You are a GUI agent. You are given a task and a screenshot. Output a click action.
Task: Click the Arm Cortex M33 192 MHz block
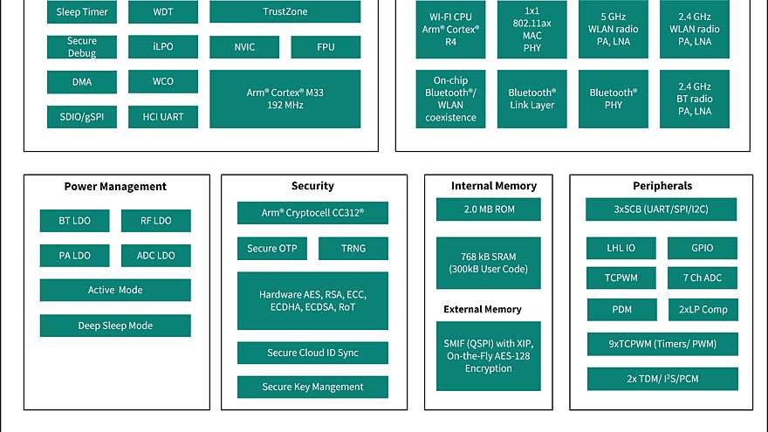285,99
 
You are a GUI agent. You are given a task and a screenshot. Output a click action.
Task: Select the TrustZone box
285,12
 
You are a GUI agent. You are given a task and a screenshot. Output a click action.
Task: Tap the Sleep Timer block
81,12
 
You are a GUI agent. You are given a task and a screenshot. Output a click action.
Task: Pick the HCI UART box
162,116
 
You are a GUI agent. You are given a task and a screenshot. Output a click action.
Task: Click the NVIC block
243,47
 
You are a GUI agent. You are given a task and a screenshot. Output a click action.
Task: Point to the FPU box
326,47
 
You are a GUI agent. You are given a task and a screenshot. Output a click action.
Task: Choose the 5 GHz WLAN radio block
614,29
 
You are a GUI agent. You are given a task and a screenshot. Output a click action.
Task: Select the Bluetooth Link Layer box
532,99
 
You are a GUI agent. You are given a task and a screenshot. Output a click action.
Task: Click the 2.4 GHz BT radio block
694,99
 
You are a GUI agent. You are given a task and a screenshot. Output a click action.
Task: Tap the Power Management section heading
115,186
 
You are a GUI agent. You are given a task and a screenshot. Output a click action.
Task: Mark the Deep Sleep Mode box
115,326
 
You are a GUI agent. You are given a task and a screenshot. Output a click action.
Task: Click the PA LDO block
74,256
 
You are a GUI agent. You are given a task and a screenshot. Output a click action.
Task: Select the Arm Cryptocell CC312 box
312,213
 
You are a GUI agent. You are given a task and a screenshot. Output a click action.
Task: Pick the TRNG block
353,249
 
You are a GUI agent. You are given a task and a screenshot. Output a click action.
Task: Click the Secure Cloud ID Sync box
312,353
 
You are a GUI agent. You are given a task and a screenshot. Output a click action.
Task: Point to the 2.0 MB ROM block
488,209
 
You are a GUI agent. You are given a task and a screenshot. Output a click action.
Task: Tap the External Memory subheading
483,309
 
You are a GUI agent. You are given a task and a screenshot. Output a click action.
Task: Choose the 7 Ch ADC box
702,278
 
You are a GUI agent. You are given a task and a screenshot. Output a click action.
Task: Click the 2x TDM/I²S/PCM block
662,379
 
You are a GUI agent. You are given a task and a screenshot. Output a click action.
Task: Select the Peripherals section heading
662,186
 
